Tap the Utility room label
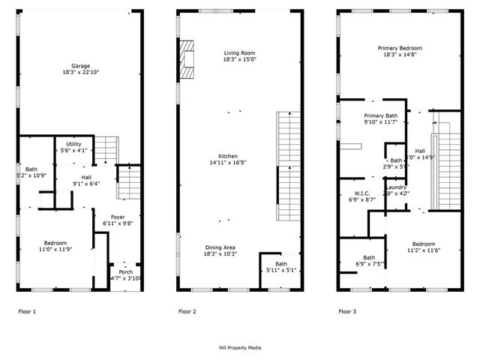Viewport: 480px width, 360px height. pyautogui.click(x=73, y=144)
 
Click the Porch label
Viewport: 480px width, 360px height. pyautogui.click(x=115, y=271)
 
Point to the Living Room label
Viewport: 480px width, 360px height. pyautogui.click(x=240, y=52)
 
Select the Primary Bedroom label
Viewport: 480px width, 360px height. pyautogui.click(x=399, y=47)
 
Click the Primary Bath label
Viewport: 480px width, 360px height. pyautogui.click(x=380, y=115)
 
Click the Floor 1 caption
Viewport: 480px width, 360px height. pyautogui.click(x=27, y=310)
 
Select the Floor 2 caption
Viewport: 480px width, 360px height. pyautogui.click(x=187, y=310)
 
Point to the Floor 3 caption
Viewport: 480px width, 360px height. pyautogui.click(x=347, y=310)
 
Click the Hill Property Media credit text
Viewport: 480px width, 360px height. pyautogui.click(x=239, y=348)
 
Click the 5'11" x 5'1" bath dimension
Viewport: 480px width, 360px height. pyautogui.click(x=281, y=271)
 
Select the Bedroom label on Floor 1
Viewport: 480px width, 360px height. pyautogui.click(x=55, y=243)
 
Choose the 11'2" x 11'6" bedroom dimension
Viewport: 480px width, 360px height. pyautogui.click(x=423, y=250)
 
